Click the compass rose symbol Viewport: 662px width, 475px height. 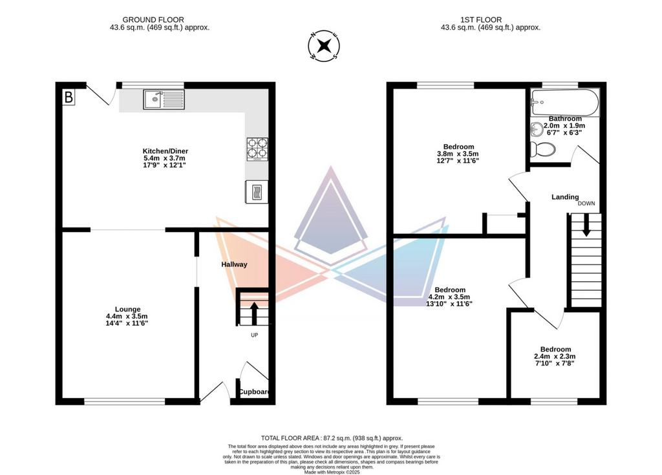(x=325, y=45)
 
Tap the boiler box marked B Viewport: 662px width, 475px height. (x=69, y=98)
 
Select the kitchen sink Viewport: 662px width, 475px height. (x=164, y=100)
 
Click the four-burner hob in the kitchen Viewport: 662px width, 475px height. (x=257, y=149)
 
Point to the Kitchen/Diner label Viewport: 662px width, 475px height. (x=165, y=151)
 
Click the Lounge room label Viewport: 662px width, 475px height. (x=127, y=310)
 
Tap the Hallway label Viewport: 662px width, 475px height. (x=234, y=264)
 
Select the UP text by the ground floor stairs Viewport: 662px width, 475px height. (x=254, y=335)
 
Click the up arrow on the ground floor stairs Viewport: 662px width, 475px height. (x=254, y=313)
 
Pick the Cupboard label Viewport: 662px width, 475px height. (x=253, y=392)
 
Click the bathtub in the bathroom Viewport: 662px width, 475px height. (x=565, y=102)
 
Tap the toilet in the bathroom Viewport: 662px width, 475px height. (x=542, y=149)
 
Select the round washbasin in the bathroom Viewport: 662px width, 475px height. (x=537, y=129)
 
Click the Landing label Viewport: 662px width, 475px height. (x=565, y=196)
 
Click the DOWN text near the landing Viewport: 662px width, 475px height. (x=586, y=204)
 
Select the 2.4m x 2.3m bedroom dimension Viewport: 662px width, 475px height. (x=555, y=356)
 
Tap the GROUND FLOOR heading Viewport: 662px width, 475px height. (x=153, y=19)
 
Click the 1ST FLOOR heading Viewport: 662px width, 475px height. (x=481, y=19)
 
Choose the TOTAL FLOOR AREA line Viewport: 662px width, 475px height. (x=332, y=438)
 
